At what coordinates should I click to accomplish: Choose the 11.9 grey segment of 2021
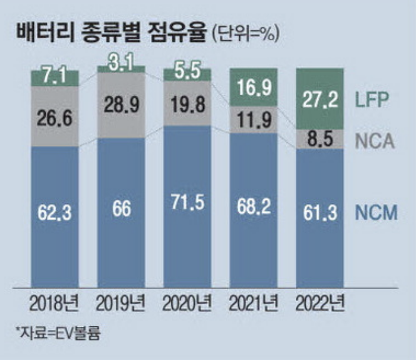(x=254, y=119)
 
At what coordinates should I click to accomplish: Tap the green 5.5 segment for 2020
(x=188, y=73)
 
